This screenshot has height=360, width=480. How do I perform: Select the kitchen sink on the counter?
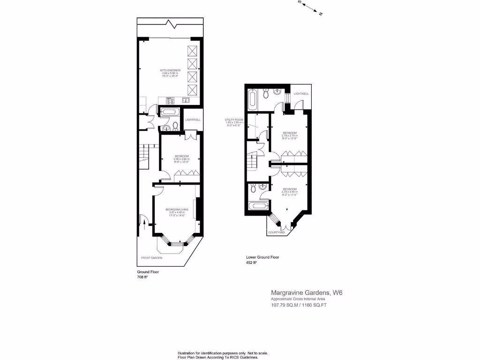(186, 100)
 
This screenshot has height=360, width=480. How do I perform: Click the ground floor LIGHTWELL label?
(193, 120)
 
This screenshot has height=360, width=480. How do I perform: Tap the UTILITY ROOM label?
(233, 120)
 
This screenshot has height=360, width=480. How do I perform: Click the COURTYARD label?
(277, 232)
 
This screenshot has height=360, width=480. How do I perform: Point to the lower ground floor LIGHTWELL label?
(301, 94)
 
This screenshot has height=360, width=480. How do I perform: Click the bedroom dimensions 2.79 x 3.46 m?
(290, 192)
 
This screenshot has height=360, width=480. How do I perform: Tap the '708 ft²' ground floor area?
(142, 277)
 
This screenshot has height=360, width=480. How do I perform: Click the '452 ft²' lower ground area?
(252, 263)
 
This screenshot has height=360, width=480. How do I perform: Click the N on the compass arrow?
(321, 14)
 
